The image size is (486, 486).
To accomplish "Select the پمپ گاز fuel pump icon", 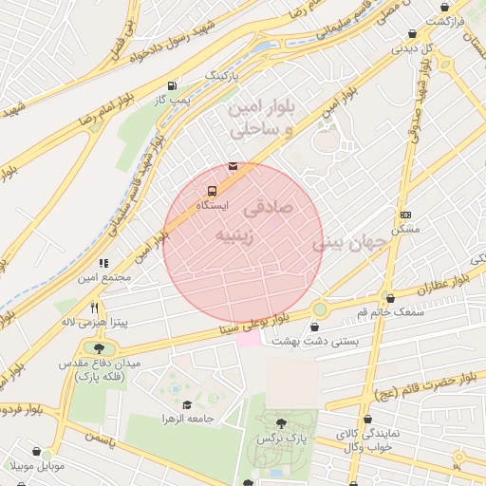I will click(x=171, y=84).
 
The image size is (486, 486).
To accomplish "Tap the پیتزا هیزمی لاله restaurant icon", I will click(x=94, y=308).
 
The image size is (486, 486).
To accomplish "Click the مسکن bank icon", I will click(x=406, y=215).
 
